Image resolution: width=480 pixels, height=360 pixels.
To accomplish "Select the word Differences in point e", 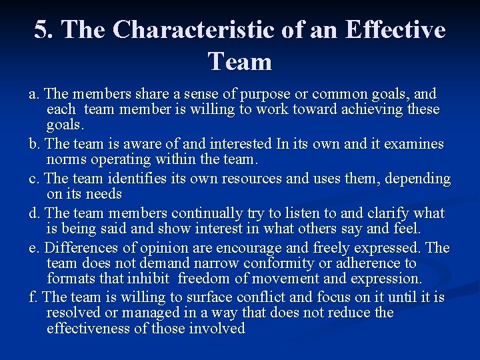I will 81,248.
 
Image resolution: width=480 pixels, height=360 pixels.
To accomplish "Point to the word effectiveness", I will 90,328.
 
